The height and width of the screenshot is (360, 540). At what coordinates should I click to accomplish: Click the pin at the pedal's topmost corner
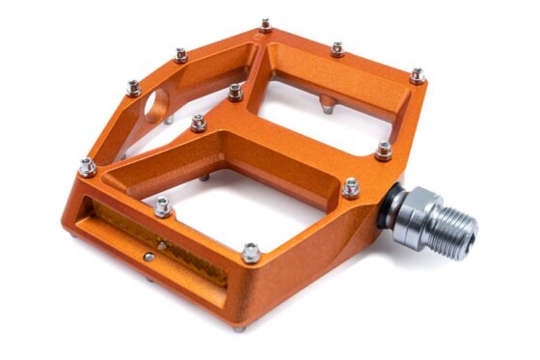pyautogui.click(x=265, y=23)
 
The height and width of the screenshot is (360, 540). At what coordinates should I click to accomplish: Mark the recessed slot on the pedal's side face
pyautogui.click(x=159, y=241)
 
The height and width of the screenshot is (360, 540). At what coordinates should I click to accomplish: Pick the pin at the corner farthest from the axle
pyautogui.click(x=87, y=167)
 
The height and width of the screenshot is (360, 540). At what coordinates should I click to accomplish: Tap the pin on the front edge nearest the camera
pyautogui.click(x=252, y=253)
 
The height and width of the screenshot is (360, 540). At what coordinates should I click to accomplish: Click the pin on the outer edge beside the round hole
pyautogui.click(x=133, y=88)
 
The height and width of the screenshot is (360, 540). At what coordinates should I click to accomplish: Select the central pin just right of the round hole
pyautogui.click(x=199, y=122)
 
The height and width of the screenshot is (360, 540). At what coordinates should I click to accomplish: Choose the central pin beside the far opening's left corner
pyautogui.click(x=235, y=91)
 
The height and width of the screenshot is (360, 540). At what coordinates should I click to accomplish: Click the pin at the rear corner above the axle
pyautogui.click(x=417, y=74)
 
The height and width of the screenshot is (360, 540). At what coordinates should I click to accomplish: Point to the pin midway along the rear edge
pyautogui.click(x=337, y=48)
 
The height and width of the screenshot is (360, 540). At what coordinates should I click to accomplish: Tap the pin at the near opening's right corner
pyautogui.click(x=350, y=187)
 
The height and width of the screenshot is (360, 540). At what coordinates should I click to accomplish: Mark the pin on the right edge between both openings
pyautogui.click(x=383, y=151)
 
